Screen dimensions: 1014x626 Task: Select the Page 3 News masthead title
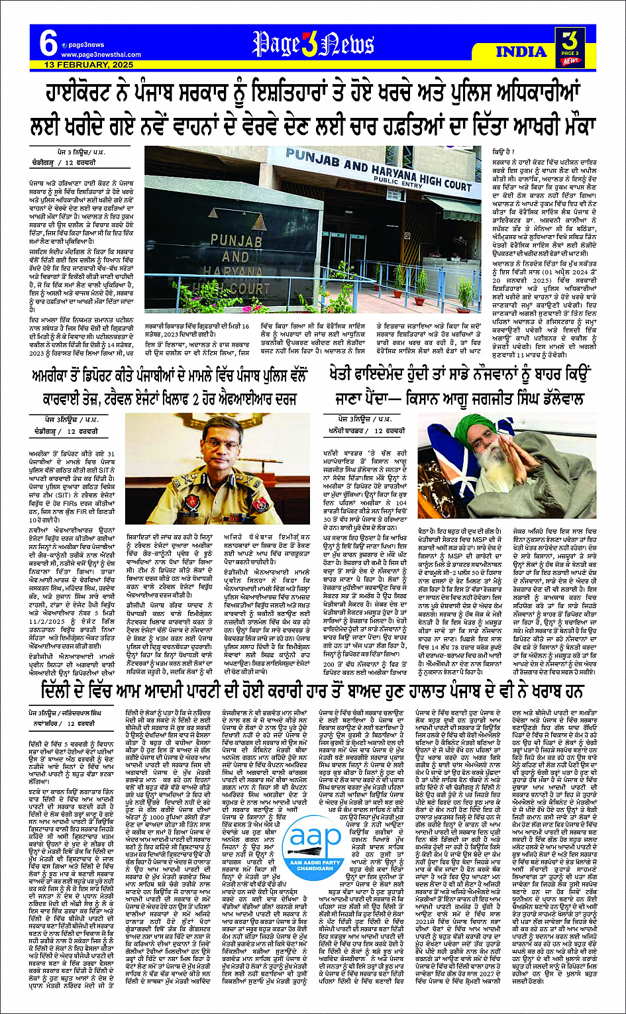(x=313, y=44)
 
